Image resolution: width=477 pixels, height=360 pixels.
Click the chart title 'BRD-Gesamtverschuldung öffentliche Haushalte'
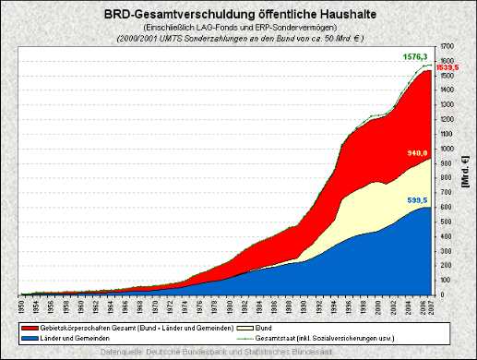point(238,15)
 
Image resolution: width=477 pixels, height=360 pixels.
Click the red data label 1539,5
point(448,68)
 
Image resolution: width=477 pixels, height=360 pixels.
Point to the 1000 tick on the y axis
point(449,149)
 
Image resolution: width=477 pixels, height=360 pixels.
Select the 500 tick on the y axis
point(447,222)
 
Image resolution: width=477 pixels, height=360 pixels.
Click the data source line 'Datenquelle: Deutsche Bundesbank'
point(238,352)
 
